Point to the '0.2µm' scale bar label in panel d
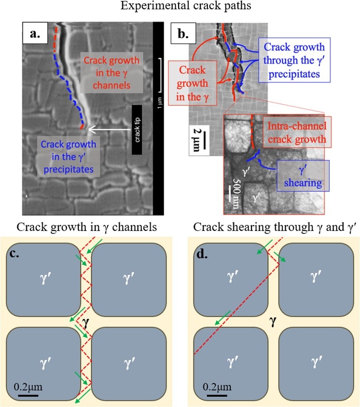[x=217, y=387]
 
